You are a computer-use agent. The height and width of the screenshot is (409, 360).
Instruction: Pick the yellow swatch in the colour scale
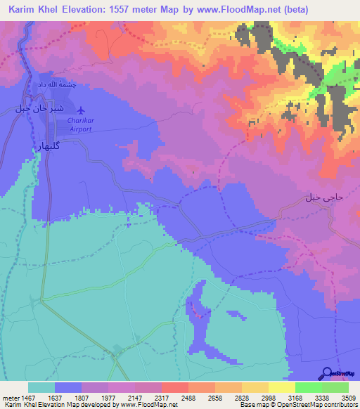(282, 387)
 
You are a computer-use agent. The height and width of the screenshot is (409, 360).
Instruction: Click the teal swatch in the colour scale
(41, 387)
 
